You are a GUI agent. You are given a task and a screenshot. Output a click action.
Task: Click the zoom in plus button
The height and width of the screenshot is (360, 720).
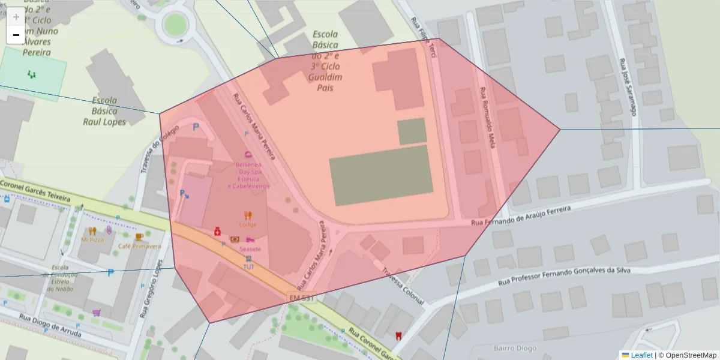[x=16, y=17]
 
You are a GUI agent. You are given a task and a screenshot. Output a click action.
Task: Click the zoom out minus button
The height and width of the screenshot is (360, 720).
[x=16, y=35]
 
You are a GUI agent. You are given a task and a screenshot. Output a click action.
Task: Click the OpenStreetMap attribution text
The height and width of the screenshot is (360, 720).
[x=687, y=355]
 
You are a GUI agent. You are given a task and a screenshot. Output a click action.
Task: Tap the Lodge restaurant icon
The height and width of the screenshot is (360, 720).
[x=248, y=216]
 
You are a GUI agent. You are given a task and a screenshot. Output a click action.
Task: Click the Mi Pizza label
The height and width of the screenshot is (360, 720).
[x=92, y=239]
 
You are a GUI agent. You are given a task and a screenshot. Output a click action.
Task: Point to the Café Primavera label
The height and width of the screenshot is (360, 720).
[x=139, y=246]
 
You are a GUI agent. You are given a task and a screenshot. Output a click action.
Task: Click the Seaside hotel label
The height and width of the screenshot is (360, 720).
[x=250, y=248]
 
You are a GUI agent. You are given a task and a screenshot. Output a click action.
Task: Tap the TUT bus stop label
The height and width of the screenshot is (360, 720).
[x=249, y=266]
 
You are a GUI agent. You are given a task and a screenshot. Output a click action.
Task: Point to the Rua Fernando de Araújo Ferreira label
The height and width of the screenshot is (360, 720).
[x=528, y=215]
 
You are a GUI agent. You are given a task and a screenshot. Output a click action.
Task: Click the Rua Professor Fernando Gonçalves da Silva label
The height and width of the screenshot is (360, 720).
[x=565, y=275]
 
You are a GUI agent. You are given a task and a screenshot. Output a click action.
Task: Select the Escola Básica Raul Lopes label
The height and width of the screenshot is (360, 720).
[x=105, y=111]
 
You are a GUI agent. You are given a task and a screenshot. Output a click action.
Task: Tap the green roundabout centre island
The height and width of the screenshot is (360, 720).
[x=175, y=25]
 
